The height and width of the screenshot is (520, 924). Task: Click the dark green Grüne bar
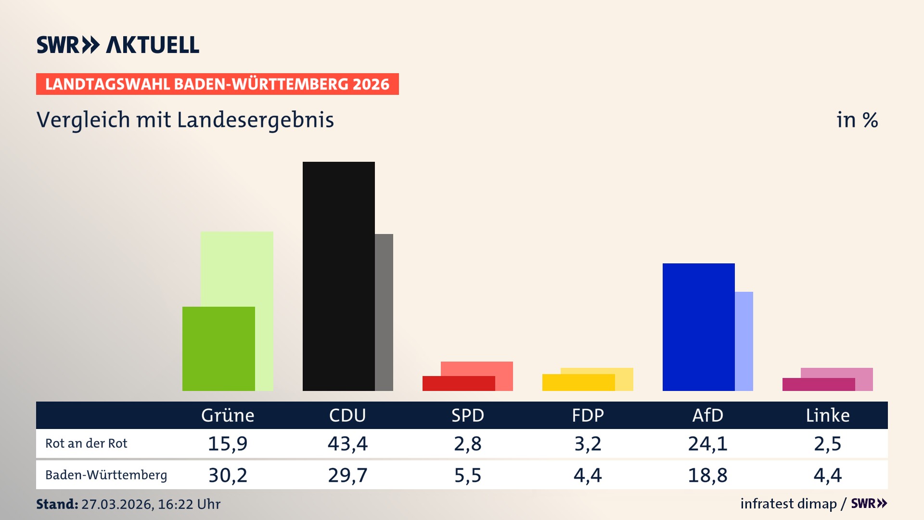pos(218,349)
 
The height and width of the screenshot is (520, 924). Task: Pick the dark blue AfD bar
pos(698,327)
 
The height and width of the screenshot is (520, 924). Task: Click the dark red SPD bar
pos(458,383)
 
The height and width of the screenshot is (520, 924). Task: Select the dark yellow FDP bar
pos(578,382)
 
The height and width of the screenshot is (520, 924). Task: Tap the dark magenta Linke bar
pos(818,384)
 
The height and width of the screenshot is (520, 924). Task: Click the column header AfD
pos(707,415)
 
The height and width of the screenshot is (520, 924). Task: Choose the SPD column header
pos(467,415)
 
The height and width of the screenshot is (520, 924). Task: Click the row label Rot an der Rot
pos(86,443)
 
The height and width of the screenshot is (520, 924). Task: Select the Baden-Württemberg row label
pos(106,475)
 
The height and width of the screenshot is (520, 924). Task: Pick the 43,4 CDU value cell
pos(347,443)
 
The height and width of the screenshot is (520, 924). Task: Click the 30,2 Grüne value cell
pos(228,475)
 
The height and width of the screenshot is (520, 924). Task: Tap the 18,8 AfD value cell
pos(707,475)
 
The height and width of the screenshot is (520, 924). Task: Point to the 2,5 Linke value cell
pos(827,443)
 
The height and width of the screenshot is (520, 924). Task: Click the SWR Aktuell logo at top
pos(118,45)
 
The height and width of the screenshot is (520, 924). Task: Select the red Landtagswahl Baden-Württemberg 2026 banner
pos(217,84)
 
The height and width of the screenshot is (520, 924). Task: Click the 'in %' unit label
pos(857,120)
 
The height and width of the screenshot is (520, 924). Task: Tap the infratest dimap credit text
pos(788,504)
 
